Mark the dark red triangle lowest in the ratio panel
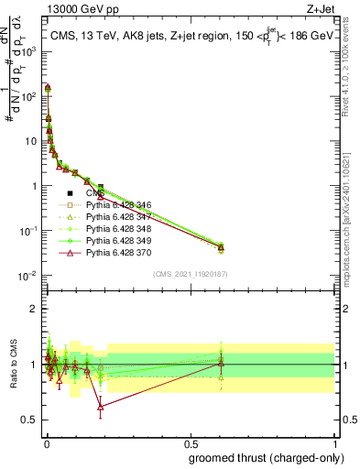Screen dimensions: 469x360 [x=100, y=407]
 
